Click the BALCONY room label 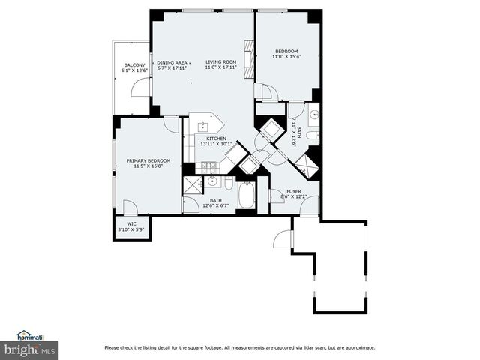[134, 65]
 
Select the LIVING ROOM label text [221, 62]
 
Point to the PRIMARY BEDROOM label [148, 160]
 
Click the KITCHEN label [216, 139]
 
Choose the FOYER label [294, 191]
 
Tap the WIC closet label [131, 223]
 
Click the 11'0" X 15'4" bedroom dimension [285, 57]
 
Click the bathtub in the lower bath [247, 196]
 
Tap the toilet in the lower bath [229, 182]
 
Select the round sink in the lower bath [212, 181]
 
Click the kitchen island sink [202, 126]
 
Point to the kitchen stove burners [208, 166]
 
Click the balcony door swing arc [139, 88]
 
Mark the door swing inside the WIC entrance [130, 208]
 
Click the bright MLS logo [29, 349]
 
